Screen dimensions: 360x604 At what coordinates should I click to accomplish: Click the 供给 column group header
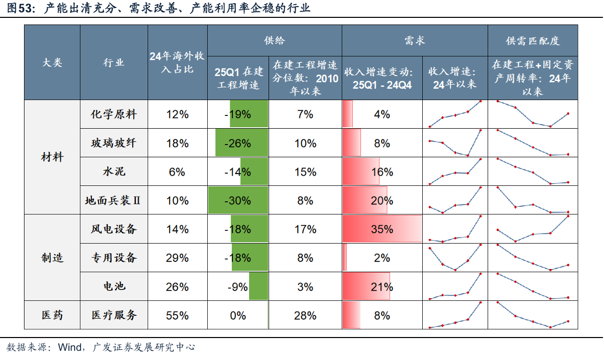coord(274,40)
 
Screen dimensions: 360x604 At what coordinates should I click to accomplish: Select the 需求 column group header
coord(414,40)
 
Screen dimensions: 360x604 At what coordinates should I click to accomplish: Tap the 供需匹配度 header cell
coord(533,41)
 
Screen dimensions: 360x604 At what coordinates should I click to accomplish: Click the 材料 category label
coord(52,157)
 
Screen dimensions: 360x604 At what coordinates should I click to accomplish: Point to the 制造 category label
coord(52,258)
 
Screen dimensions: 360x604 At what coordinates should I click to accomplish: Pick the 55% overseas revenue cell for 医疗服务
coord(177,315)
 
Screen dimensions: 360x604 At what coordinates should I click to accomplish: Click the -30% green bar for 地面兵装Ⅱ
coord(238,200)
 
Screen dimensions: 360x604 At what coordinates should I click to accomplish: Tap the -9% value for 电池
coord(237,286)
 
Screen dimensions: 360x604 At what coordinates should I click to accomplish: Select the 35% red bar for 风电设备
coord(382,229)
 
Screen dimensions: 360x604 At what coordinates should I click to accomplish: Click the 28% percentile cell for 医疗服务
coord(305,315)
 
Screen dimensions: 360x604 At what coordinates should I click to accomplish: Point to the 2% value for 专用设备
coord(382,258)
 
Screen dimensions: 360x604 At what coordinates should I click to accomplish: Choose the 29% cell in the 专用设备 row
coord(177,258)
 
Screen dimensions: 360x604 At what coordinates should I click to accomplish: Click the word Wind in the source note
coord(69,348)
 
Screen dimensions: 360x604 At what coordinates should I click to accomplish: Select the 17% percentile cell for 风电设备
coord(305,229)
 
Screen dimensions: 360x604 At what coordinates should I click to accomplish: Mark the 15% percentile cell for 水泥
coord(305,172)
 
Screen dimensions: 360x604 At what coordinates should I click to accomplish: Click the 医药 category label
coord(52,315)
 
